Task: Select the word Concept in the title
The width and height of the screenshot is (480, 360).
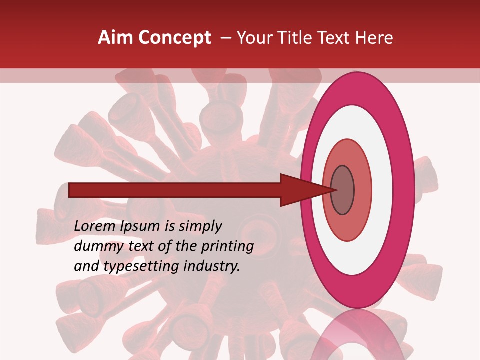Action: pyautogui.click(x=174, y=38)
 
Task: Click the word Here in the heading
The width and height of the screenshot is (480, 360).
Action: pyautogui.click(x=374, y=38)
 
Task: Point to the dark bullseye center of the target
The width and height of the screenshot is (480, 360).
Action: pyautogui.click(x=342, y=190)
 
